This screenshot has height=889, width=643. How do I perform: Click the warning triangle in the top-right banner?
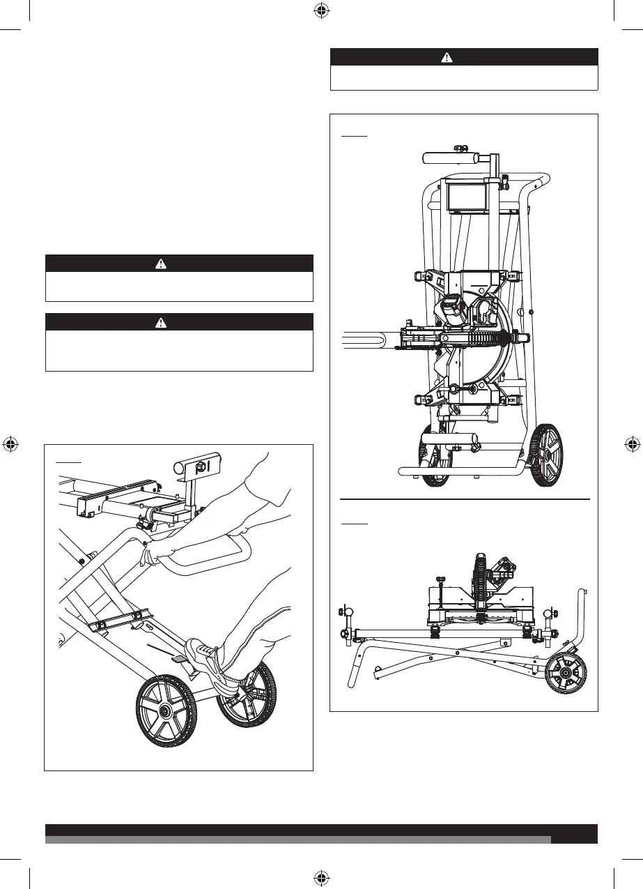click(447, 57)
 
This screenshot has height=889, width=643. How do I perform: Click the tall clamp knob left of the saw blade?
click(440, 593)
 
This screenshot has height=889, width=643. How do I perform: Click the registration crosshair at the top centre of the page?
click(321, 11)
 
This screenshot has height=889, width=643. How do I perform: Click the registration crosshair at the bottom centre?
click(321, 877)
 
